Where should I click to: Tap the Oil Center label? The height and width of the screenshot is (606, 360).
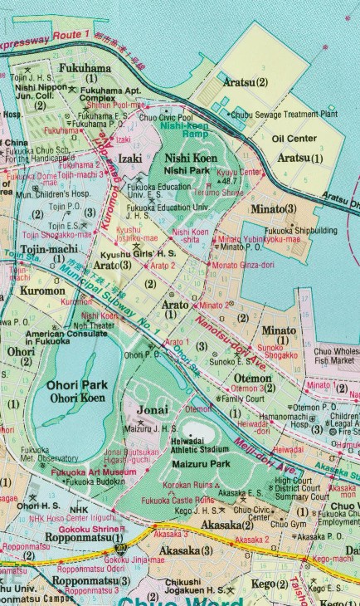point(294,139)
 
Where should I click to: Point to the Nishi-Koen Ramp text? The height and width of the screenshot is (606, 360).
point(184,129)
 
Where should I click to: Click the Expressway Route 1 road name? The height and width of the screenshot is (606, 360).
point(46,39)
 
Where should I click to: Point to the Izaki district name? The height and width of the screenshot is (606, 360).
point(129,157)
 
